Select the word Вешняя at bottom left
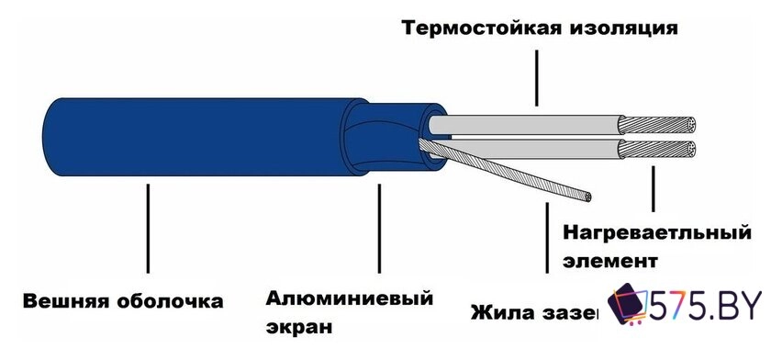64,301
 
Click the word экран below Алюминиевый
297,326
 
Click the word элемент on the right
609,260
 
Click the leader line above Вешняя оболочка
147,230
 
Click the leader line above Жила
548,234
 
